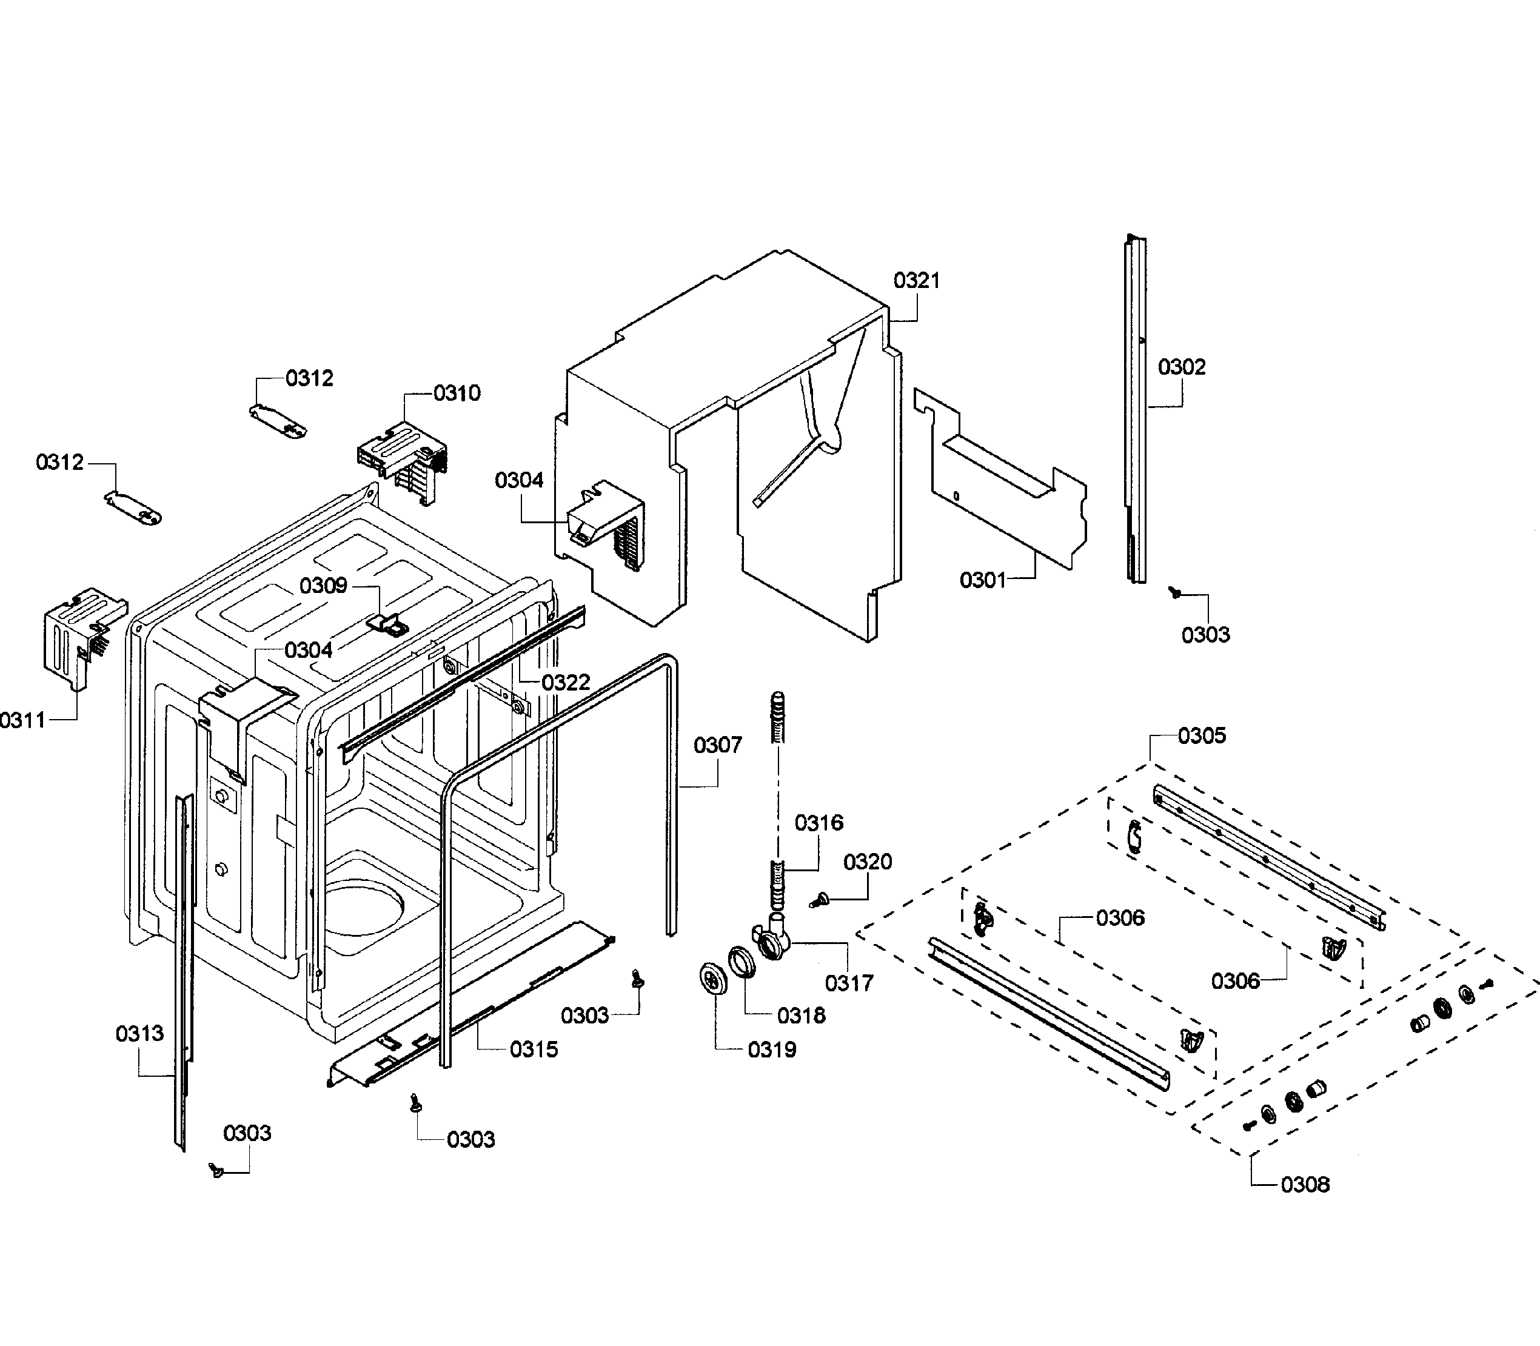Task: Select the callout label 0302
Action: click(x=1181, y=367)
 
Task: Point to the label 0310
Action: click(x=456, y=393)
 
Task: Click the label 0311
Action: click(x=22, y=720)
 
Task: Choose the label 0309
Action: click(x=323, y=585)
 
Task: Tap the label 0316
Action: click(x=819, y=823)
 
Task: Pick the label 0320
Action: click(x=867, y=862)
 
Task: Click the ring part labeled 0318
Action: click(x=742, y=962)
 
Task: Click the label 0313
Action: click(x=139, y=1034)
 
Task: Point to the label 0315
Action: click(x=534, y=1050)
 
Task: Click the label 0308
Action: click(x=1305, y=1185)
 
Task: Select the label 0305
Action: click(x=1201, y=735)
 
